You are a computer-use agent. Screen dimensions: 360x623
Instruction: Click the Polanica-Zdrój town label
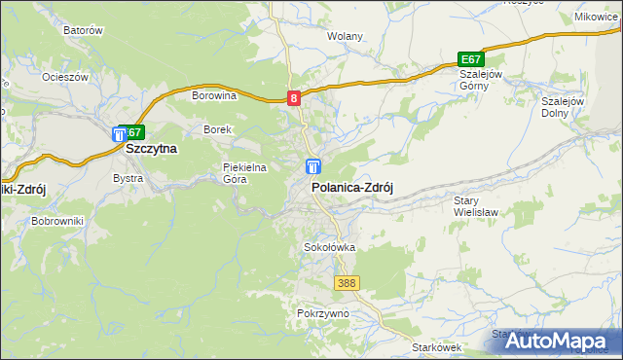point(350,189)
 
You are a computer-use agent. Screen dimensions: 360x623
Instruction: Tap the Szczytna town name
point(151,150)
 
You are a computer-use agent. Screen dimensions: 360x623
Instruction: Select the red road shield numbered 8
point(295,97)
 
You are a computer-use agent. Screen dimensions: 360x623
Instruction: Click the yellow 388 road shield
point(347,283)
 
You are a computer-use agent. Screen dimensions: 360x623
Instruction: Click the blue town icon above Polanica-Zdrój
point(313,167)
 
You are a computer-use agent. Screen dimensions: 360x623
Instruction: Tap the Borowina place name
point(214,95)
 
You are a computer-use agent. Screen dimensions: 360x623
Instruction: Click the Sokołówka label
point(330,248)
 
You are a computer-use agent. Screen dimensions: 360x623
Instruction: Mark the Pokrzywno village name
point(321,314)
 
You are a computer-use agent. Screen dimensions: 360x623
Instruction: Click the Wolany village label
point(345,37)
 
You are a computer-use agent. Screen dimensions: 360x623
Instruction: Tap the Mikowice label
point(597,18)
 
